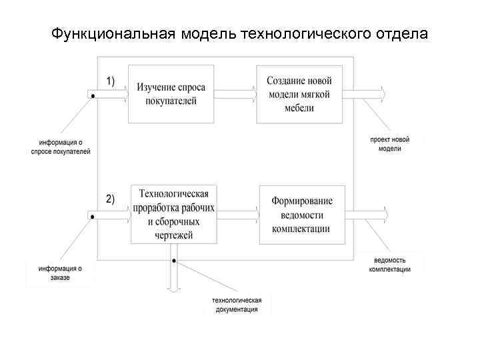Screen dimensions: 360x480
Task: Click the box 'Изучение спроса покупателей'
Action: tap(171, 93)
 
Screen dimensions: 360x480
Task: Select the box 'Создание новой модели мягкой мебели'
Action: tap(299, 93)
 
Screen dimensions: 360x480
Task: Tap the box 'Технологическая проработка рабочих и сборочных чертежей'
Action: tap(173, 213)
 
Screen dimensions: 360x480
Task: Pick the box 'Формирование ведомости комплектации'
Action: tap(301, 214)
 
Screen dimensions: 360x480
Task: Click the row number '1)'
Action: tap(111, 81)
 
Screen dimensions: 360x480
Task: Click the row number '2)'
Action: tap(110, 199)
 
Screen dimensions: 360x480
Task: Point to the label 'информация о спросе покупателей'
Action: tap(61, 147)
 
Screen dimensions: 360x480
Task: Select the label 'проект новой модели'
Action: tap(390, 144)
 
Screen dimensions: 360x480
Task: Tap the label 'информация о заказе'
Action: tap(60, 273)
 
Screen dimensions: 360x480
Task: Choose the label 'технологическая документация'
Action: tap(237, 305)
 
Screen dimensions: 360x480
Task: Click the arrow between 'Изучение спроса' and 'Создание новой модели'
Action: tap(235, 93)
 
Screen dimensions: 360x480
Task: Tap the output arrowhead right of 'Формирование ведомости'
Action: tap(386, 215)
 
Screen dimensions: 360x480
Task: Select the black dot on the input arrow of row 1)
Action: tap(93, 95)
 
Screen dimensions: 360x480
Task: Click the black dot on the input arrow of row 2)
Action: tap(93, 217)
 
